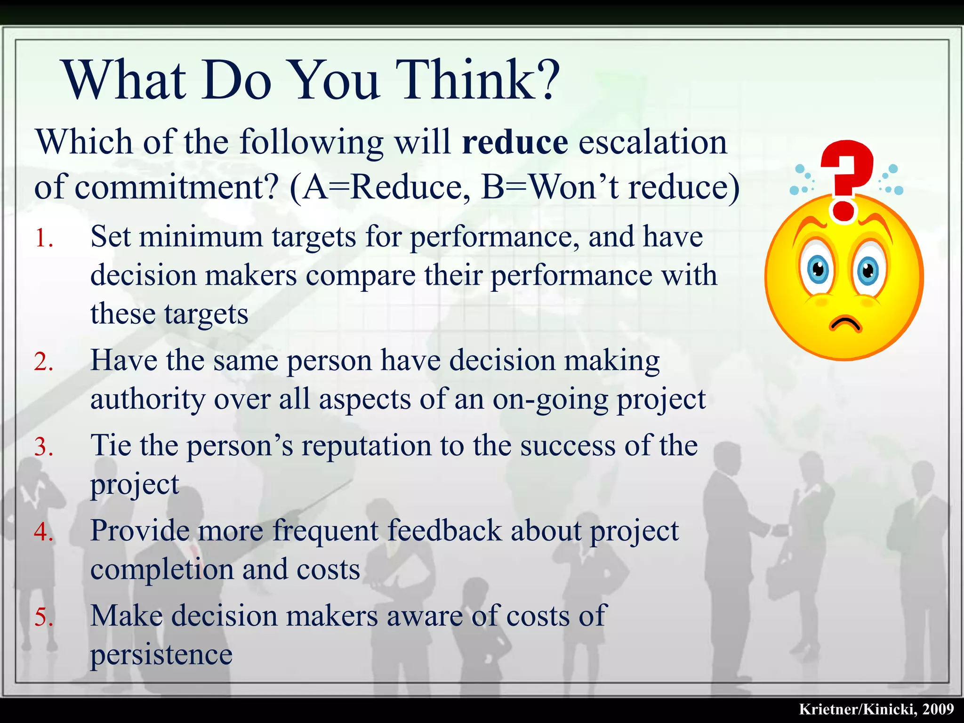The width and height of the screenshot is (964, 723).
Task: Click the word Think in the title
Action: (475, 80)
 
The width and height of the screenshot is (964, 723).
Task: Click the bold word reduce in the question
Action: (515, 143)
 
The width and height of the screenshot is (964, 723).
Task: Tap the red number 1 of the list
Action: (43, 238)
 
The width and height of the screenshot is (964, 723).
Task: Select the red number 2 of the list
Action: (43, 362)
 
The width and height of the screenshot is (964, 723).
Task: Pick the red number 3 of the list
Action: (43, 447)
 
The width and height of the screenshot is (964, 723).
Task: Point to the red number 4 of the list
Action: (43, 532)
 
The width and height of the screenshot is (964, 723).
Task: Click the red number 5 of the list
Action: (43, 618)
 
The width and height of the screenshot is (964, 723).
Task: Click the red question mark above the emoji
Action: (846, 179)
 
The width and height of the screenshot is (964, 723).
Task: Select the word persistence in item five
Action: (161, 655)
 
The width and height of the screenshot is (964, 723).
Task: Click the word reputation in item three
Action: (366, 446)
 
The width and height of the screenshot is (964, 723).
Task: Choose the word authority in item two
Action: (148, 400)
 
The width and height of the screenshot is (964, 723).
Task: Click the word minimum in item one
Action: (201, 237)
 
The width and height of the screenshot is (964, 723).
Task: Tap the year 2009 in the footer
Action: (938, 709)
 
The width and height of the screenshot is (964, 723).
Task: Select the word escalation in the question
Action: (652, 143)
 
